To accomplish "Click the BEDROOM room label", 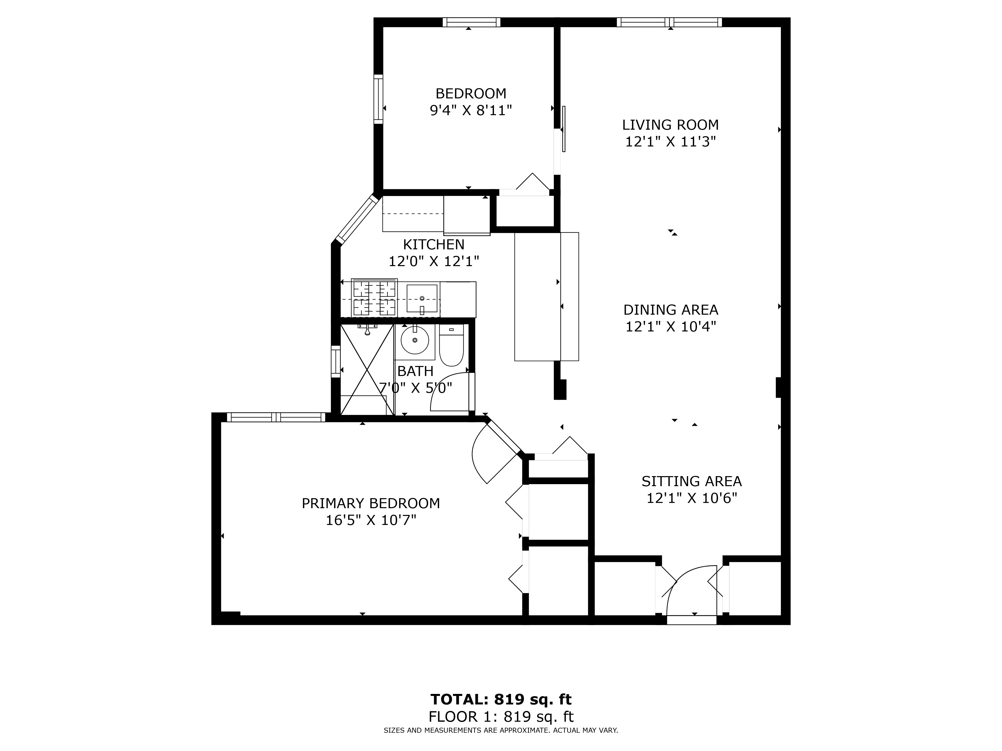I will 471,94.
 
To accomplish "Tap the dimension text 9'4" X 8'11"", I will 471,110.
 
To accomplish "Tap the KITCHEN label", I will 434,244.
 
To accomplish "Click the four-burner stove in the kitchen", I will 374,298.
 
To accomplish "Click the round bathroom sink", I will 415,340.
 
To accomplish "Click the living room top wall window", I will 669,22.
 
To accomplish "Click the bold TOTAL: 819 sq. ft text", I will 500,699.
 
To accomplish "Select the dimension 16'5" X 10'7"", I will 370,520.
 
